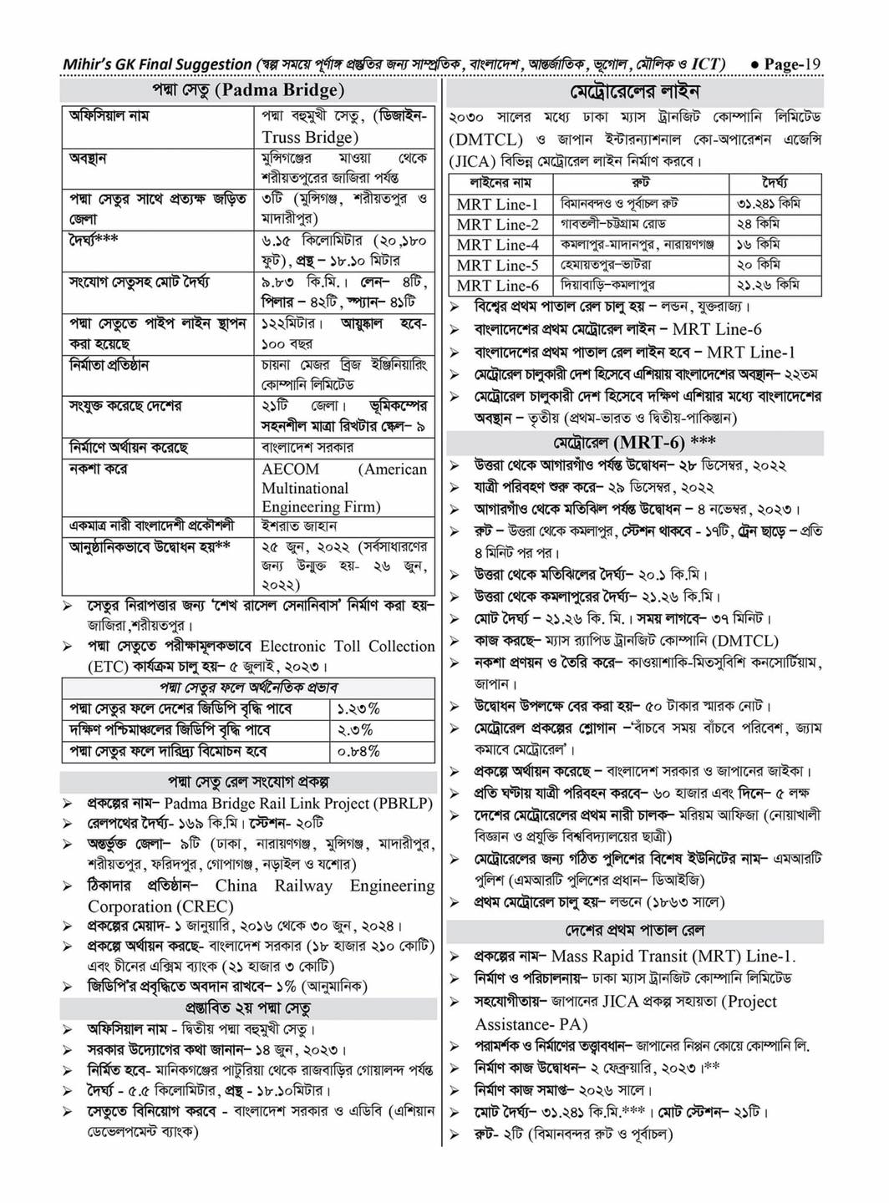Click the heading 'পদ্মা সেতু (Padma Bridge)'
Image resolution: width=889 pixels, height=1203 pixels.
(x=247, y=90)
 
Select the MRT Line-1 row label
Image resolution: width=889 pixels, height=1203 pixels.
(x=497, y=204)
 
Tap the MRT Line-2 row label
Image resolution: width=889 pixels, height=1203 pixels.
(x=497, y=224)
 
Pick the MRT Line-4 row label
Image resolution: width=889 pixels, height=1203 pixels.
(x=497, y=245)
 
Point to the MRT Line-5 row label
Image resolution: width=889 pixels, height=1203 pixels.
(x=497, y=265)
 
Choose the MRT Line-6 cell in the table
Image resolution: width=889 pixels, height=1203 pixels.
(x=497, y=285)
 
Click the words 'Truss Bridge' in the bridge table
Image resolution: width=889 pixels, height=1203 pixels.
(x=309, y=137)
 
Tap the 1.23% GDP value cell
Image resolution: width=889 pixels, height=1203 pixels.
(x=358, y=708)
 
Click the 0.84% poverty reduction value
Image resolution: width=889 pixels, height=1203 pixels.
(x=358, y=751)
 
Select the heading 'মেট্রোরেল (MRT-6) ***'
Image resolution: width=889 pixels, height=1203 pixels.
(x=634, y=442)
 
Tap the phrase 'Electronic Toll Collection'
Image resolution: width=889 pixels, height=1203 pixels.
(x=347, y=646)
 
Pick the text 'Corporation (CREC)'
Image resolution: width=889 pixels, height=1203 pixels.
(x=160, y=906)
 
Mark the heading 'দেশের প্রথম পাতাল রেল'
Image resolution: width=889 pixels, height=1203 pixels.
(x=635, y=930)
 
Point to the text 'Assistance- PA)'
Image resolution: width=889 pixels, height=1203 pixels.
(x=531, y=1023)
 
